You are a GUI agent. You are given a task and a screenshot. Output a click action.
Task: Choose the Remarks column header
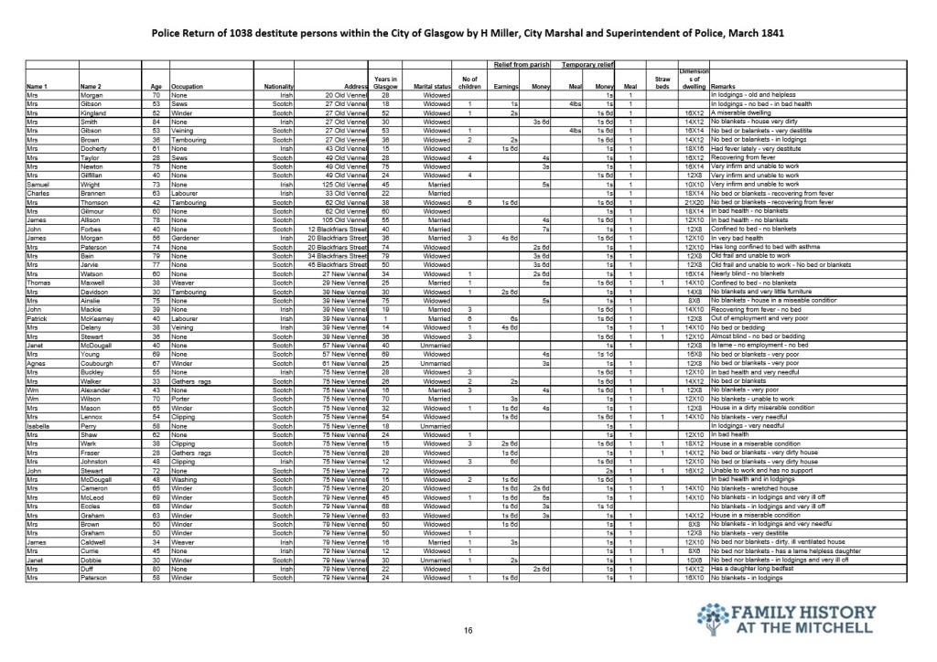point(724,87)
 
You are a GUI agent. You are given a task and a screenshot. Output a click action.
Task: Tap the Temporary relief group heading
point(587,66)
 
